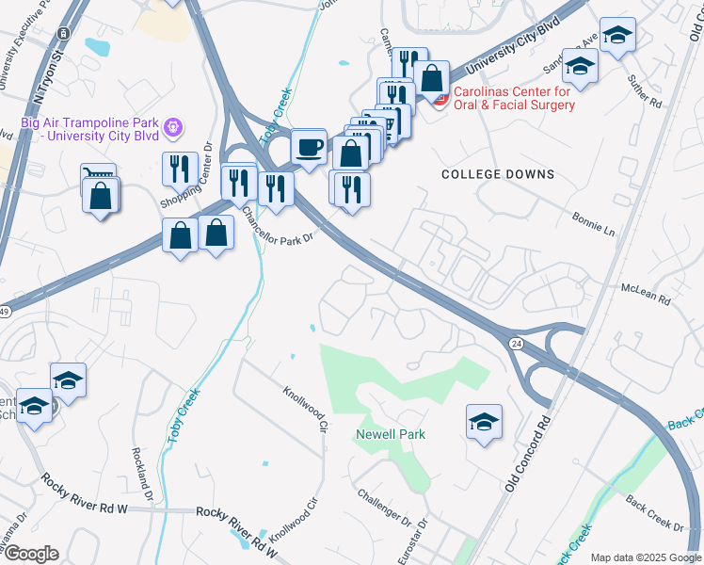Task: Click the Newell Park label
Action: (x=391, y=434)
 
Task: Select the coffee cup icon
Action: (x=308, y=147)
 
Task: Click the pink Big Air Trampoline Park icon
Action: (x=171, y=125)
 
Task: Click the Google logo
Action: (x=30, y=554)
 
